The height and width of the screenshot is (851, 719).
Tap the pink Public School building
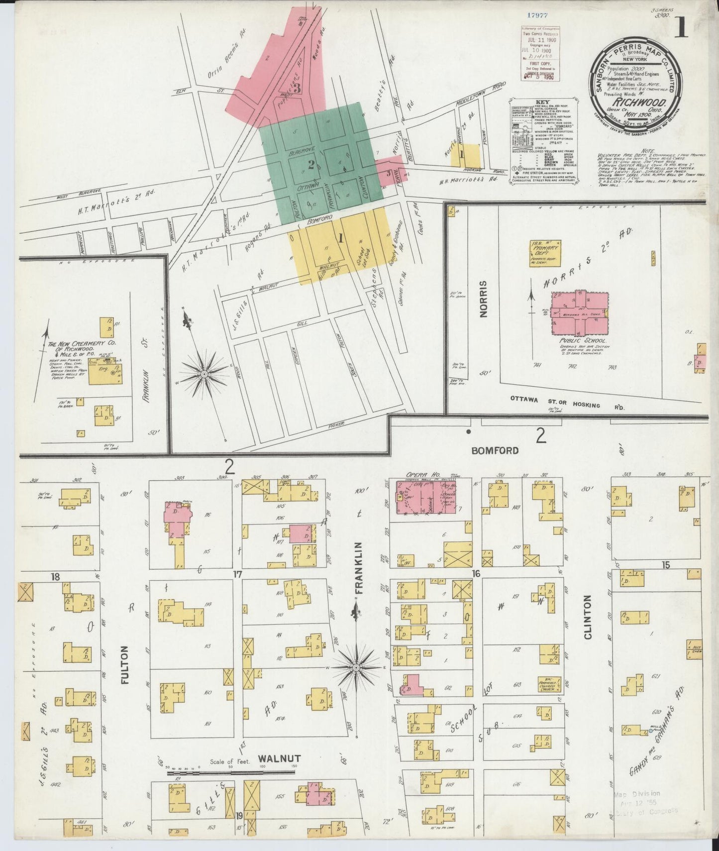click(x=580, y=313)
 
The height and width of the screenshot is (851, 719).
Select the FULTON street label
click(x=124, y=665)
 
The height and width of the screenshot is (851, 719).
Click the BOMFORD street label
click(x=495, y=450)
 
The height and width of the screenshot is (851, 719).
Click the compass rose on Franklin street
click(x=357, y=667)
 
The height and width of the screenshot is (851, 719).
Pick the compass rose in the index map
click(x=204, y=373)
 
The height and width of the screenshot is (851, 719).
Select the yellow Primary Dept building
click(x=545, y=253)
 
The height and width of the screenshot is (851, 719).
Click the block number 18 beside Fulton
click(x=55, y=576)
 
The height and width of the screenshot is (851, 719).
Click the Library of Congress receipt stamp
click(x=540, y=54)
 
